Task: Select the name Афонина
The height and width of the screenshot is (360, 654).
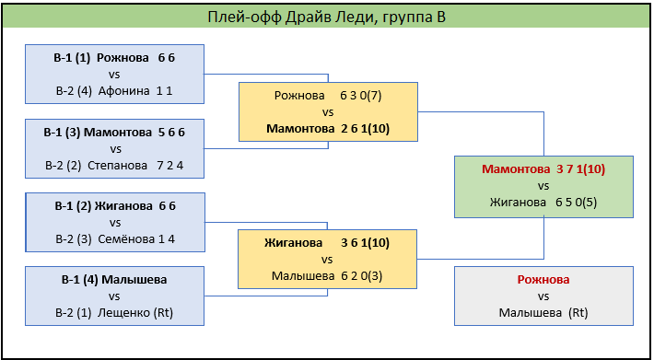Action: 123,91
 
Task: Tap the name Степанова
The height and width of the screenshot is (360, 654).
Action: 118,166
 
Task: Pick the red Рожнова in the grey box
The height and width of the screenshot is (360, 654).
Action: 543,280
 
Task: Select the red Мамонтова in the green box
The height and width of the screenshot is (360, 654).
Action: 517,169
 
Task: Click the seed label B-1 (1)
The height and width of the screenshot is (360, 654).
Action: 72,58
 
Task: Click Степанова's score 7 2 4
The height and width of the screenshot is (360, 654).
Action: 170,166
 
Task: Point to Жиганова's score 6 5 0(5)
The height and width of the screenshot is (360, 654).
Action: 576,203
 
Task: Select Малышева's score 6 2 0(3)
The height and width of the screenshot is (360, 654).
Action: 362,276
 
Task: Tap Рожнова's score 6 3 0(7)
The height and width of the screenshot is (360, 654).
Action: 361,96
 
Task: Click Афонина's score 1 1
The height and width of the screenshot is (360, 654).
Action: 164,91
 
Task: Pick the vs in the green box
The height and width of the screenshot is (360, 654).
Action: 543,186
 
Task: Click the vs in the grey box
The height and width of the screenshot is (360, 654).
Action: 543,296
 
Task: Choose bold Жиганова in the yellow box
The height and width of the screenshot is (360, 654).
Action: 293,243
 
